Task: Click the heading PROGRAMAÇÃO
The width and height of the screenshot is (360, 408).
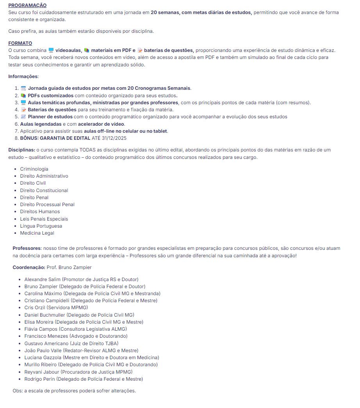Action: [27, 5]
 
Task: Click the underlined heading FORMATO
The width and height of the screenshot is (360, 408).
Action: [20, 43]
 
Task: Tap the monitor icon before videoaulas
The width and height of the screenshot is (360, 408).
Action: [51, 50]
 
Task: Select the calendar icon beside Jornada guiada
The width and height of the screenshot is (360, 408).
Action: [23, 88]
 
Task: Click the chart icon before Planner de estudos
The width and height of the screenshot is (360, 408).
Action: [23, 117]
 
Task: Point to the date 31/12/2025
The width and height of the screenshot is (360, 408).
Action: [114, 138]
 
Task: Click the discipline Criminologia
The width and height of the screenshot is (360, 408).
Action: [34, 169]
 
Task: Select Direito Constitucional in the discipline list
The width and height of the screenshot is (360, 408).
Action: [44, 191]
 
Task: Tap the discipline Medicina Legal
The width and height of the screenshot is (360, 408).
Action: [37, 233]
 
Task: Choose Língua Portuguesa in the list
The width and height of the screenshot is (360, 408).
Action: [41, 226]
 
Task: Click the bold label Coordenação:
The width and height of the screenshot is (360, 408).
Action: [29, 267]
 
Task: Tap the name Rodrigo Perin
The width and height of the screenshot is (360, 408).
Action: [39, 379]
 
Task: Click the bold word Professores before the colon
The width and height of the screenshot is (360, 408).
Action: [27, 248]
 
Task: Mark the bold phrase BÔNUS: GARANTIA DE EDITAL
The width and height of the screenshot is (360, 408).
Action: [55, 138]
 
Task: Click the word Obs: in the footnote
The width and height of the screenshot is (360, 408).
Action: [17, 391]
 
